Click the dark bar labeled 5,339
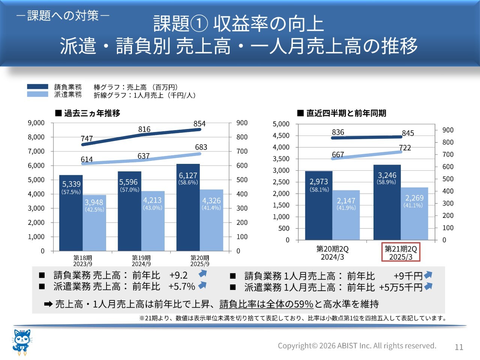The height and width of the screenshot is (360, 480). pyautogui.click(x=71, y=213)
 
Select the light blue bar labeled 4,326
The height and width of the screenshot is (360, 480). pyautogui.click(x=211, y=220)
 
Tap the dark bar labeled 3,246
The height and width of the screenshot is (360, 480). pyautogui.click(x=387, y=202)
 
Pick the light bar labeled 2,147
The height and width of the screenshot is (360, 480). pyautogui.click(x=346, y=215)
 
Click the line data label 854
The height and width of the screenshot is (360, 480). pyautogui.click(x=199, y=124)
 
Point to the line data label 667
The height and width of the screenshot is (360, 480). pyautogui.click(x=338, y=154)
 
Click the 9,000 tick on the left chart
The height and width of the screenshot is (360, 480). pyautogui.click(x=36, y=123)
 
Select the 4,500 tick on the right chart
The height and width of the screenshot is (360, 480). pyautogui.click(x=281, y=135)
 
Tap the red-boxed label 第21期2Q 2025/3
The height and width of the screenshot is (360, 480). pyautogui.click(x=400, y=252)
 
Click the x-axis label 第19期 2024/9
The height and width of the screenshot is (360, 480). pyautogui.click(x=141, y=261)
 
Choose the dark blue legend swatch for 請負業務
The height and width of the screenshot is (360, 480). pyautogui.click(x=37, y=87)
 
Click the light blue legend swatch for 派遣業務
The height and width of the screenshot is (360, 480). pyautogui.click(x=37, y=94)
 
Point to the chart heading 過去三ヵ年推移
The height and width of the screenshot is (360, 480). pyautogui.click(x=88, y=113)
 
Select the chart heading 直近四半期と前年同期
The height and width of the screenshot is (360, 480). pyautogui.click(x=342, y=113)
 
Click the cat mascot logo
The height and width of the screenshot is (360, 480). pyautogui.click(x=22, y=342)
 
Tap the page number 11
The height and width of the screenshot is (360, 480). pyautogui.click(x=459, y=347)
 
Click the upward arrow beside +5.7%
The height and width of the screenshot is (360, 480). pyautogui.click(x=202, y=285)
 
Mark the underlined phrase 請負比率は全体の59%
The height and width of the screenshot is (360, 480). pyautogui.click(x=266, y=304)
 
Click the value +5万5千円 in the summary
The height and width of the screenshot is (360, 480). pyautogui.click(x=400, y=288)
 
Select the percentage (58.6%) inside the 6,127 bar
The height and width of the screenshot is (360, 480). pyautogui.click(x=188, y=182)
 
